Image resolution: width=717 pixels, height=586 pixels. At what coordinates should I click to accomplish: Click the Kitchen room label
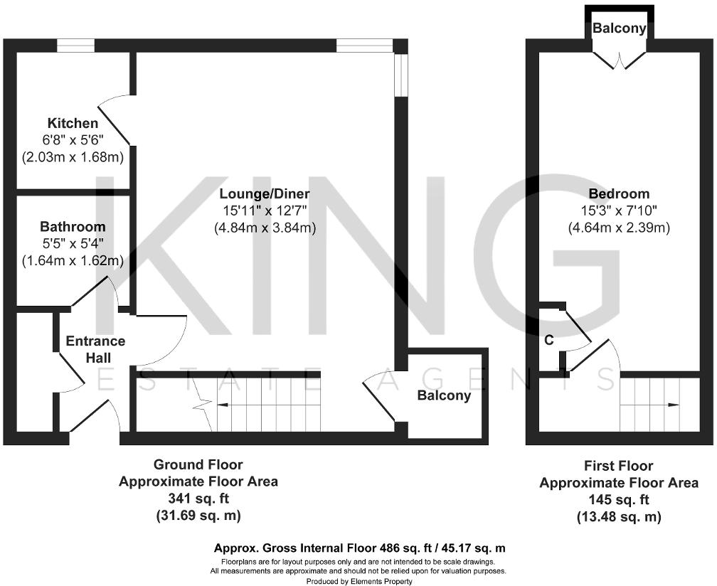(x=73, y=124)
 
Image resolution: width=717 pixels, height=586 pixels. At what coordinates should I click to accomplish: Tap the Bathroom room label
(x=73, y=227)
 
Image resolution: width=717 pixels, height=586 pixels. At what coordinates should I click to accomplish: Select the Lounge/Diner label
(x=265, y=193)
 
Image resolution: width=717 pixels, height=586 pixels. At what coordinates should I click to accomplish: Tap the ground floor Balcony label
(x=444, y=395)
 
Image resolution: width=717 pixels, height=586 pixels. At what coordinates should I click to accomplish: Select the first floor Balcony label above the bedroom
(x=620, y=29)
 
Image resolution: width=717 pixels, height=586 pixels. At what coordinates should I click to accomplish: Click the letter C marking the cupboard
(x=548, y=341)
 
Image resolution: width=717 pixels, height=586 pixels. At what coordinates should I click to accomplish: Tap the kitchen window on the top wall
(x=76, y=46)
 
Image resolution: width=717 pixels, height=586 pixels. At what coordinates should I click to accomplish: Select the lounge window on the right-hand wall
(x=400, y=75)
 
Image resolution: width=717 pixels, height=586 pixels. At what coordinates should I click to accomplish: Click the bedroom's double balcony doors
(x=620, y=60)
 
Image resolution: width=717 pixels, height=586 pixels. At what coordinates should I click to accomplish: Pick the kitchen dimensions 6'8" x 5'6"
(x=73, y=140)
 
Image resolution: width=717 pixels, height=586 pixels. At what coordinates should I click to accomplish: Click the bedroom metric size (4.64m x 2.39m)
(x=619, y=228)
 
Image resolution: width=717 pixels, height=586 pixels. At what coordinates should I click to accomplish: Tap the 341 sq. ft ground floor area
(x=198, y=498)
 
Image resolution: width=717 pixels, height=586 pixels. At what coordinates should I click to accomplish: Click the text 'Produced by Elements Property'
(x=358, y=580)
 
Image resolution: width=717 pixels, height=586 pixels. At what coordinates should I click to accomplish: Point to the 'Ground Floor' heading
(x=198, y=465)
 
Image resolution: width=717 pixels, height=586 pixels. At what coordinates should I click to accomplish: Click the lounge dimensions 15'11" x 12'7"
(x=265, y=211)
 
